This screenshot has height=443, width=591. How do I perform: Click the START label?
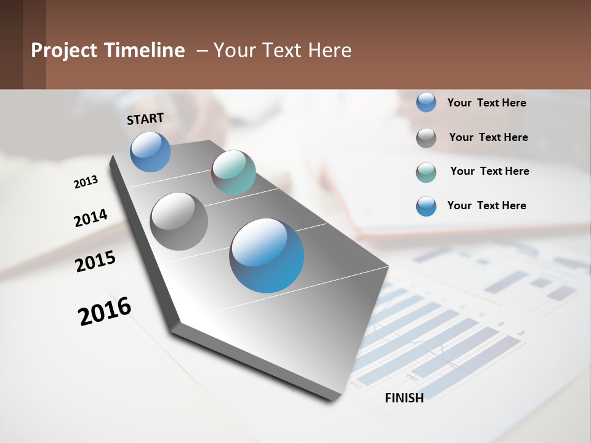click(x=145, y=119)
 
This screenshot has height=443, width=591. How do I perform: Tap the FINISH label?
click(x=404, y=398)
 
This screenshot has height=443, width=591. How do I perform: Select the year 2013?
click(x=86, y=182)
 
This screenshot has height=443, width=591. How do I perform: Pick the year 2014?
click(x=90, y=218)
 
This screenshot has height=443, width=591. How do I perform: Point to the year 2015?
click(x=95, y=261)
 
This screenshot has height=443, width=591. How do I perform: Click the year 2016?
click(x=105, y=311)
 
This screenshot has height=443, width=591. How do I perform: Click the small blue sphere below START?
click(x=150, y=151)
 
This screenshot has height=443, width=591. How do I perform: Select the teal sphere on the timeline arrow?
click(x=233, y=172)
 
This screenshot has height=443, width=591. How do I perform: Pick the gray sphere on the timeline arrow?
click(x=179, y=221)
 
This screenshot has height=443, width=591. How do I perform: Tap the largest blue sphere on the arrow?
click(x=267, y=255)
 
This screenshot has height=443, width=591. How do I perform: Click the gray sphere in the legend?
click(x=426, y=138)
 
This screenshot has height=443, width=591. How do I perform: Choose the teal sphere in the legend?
click(x=426, y=172)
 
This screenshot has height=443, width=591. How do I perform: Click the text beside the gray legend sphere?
click(x=488, y=137)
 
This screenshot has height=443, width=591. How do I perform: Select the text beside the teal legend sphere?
click(x=489, y=171)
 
